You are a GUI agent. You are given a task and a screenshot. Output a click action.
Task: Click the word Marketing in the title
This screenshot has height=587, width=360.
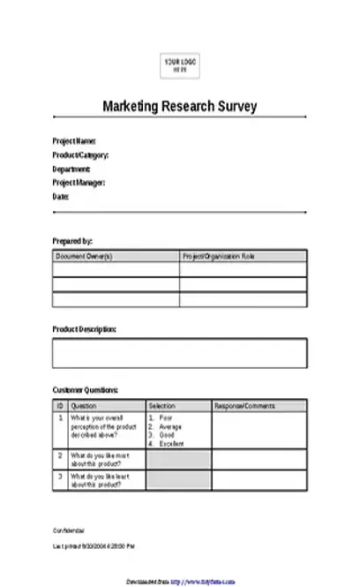(x=131, y=106)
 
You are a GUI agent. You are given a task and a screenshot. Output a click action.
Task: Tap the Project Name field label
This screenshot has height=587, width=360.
(x=74, y=140)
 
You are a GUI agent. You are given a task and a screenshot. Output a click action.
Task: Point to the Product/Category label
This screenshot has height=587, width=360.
(x=80, y=154)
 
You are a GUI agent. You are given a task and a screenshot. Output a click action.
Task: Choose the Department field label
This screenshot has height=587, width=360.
(x=71, y=169)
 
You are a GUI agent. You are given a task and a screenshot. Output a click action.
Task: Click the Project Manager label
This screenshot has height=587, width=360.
(x=79, y=183)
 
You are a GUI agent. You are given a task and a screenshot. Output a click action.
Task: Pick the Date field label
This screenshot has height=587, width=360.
(x=60, y=197)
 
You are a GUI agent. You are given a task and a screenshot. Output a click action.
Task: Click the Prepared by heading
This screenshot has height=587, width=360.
(x=72, y=240)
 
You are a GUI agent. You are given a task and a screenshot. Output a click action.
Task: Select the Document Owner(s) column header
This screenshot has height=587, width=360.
(x=84, y=256)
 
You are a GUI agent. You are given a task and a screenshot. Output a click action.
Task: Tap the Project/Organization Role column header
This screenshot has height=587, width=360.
(x=218, y=256)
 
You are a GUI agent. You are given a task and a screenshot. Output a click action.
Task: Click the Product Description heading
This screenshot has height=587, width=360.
(x=84, y=328)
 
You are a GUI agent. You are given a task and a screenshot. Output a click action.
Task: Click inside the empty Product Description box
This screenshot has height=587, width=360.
(x=179, y=352)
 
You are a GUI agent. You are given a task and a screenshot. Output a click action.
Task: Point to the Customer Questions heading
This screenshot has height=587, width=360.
(x=86, y=389)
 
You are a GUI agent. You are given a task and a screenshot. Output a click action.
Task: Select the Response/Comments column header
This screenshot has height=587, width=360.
(x=244, y=405)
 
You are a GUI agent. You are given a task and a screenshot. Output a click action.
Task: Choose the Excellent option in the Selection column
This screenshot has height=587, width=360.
(x=171, y=443)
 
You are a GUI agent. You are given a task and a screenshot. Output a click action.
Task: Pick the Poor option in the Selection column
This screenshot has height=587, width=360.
(x=166, y=417)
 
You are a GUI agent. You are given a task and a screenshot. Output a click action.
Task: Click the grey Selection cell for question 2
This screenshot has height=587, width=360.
(x=178, y=459)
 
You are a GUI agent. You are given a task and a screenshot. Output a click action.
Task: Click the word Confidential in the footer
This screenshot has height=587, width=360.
(x=69, y=531)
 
